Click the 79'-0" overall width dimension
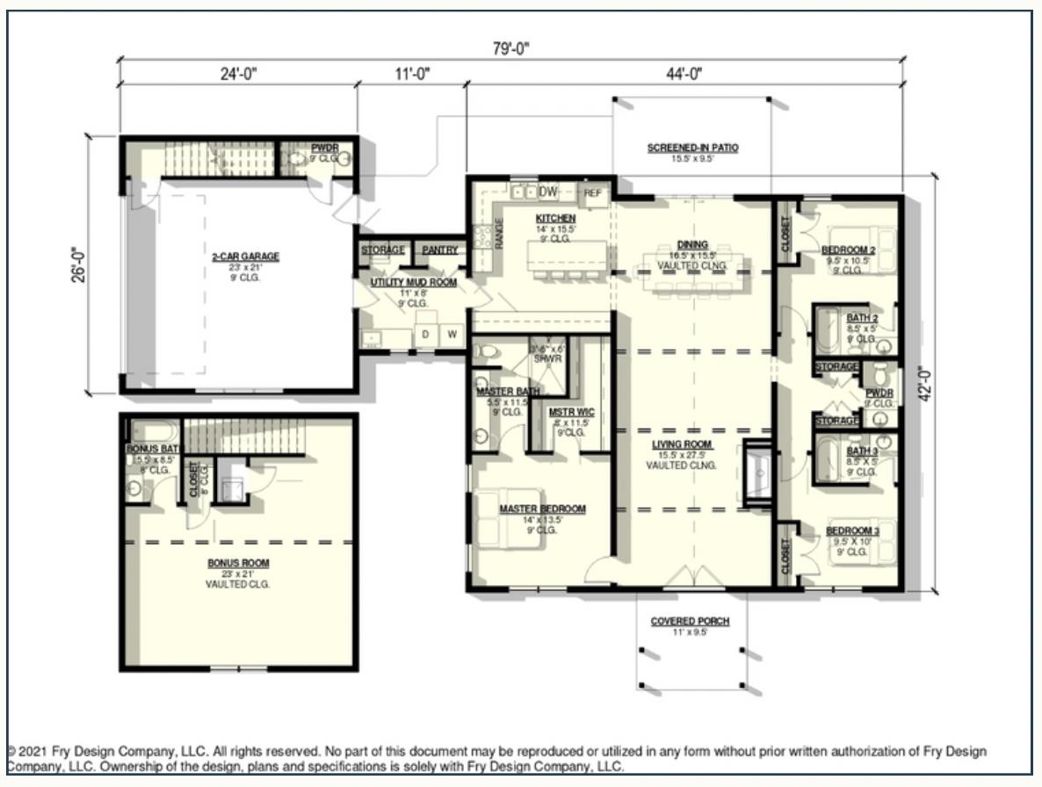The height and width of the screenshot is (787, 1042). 511,49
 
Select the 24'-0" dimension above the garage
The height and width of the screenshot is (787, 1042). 236,75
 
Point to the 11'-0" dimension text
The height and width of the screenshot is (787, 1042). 410,75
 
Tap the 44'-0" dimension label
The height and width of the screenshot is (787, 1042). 684,75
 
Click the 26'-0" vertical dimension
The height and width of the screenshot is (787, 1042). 80,264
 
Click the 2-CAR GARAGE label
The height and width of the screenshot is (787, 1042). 245,256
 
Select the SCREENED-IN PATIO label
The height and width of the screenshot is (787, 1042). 692,148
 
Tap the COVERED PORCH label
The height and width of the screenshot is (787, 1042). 690,621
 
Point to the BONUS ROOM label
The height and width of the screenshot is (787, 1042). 238,563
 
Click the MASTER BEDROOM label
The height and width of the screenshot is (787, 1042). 542,509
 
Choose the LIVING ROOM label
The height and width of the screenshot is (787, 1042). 682,444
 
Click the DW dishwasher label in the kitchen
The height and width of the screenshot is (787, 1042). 548,191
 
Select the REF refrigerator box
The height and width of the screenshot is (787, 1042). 593,193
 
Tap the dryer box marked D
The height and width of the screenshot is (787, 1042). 426,335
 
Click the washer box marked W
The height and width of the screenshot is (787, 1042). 452,335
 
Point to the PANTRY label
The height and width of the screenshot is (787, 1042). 439,250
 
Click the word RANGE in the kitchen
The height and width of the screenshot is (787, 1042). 498,234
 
